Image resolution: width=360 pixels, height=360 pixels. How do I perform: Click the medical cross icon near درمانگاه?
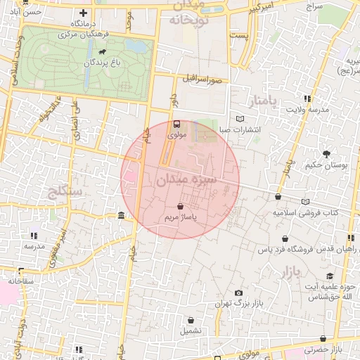(84, 13)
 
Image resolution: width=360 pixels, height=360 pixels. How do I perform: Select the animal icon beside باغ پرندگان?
(103, 51)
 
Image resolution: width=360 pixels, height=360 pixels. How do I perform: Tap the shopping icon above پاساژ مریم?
(181, 207)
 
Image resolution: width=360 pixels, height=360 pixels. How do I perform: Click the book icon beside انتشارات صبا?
(241, 119)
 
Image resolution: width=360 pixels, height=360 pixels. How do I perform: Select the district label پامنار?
(264, 101)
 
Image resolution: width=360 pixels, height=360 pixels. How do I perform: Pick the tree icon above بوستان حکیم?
(327, 153)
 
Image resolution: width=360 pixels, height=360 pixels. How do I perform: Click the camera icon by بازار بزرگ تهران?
(238, 293)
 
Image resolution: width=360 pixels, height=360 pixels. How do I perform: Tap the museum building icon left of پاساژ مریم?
(122, 215)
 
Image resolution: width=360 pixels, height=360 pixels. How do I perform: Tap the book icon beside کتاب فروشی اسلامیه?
(305, 202)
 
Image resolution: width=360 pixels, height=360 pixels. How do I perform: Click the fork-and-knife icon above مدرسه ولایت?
(307, 98)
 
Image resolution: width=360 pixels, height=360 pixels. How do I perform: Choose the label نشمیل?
(190, 330)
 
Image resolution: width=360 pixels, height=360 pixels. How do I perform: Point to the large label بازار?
(287, 273)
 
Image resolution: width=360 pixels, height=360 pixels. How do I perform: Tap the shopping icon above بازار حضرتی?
(323, 338)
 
